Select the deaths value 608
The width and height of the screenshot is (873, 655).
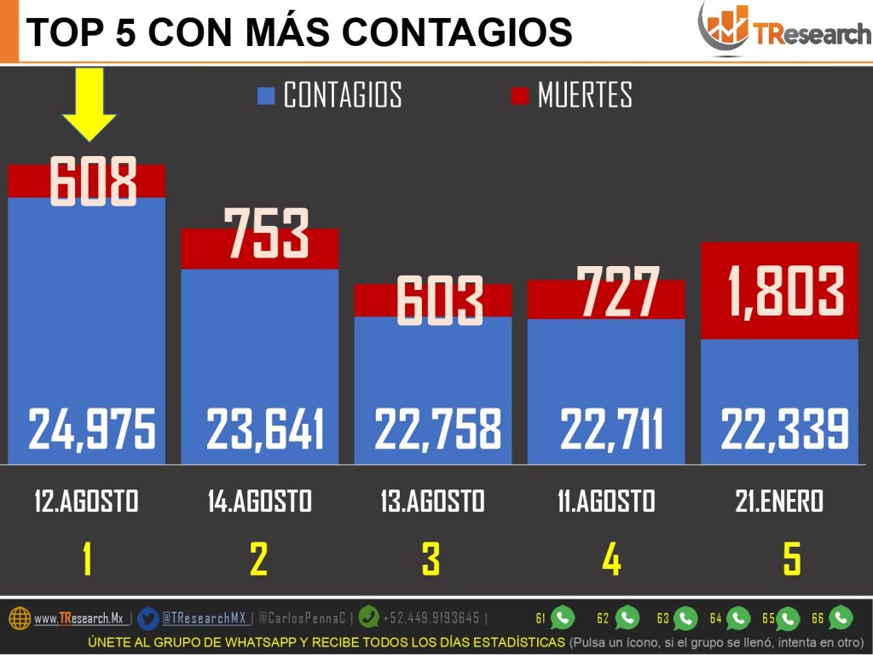(92, 182)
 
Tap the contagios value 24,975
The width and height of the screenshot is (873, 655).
(92, 429)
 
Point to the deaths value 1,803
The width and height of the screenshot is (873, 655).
(785, 291)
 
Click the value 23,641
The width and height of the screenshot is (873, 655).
(265, 429)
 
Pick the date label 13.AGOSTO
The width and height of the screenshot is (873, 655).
(432, 501)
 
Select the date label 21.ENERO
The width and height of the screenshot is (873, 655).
(779, 501)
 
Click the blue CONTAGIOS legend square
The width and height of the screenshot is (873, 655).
(266, 96)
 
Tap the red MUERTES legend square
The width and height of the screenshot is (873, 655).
(519, 96)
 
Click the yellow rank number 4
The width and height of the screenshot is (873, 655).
(611, 559)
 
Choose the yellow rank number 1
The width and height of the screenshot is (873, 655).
(86, 559)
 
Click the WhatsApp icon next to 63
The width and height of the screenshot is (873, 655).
(685, 618)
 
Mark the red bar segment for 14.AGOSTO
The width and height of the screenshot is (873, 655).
(260, 248)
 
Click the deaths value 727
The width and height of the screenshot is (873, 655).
(617, 293)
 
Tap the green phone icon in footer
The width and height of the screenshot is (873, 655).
(368, 617)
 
